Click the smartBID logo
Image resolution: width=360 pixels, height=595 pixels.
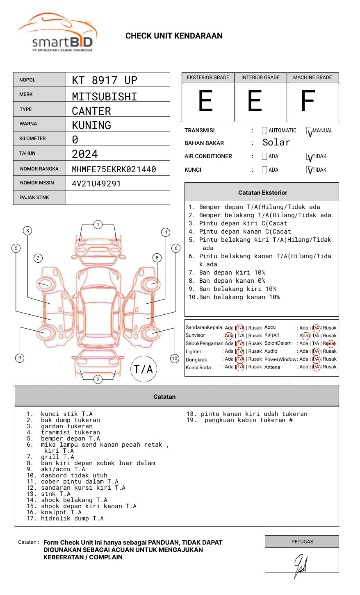pos(57,33)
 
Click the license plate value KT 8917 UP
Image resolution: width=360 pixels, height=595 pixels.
pos(105,80)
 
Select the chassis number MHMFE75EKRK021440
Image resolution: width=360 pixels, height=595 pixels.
pos(114,169)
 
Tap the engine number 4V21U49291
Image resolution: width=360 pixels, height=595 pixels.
pos(96,184)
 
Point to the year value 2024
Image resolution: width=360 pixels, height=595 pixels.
pos(85,154)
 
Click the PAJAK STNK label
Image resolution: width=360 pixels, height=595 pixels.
pos(34,198)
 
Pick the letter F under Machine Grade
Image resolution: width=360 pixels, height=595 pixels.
pos(308,101)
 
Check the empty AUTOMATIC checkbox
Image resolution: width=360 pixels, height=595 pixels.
pos(264,131)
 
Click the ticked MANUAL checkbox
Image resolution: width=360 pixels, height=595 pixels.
pos(309,131)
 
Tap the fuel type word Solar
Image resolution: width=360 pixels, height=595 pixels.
pos(276,143)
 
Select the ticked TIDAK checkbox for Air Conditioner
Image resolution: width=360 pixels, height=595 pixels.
pos(309,157)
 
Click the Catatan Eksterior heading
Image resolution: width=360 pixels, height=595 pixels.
pos(262,193)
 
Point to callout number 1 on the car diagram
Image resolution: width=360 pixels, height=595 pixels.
pos(98,225)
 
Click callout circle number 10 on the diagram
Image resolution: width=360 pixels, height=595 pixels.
pos(175,359)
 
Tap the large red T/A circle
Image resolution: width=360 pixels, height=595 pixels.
pos(144,369)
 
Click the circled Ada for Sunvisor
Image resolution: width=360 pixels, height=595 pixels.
pos(229,336)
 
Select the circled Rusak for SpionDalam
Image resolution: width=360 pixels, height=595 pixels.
pos(330,343)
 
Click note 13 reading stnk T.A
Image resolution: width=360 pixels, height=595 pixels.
pos(56,494)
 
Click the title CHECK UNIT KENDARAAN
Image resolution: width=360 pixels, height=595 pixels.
pos(174,36)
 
